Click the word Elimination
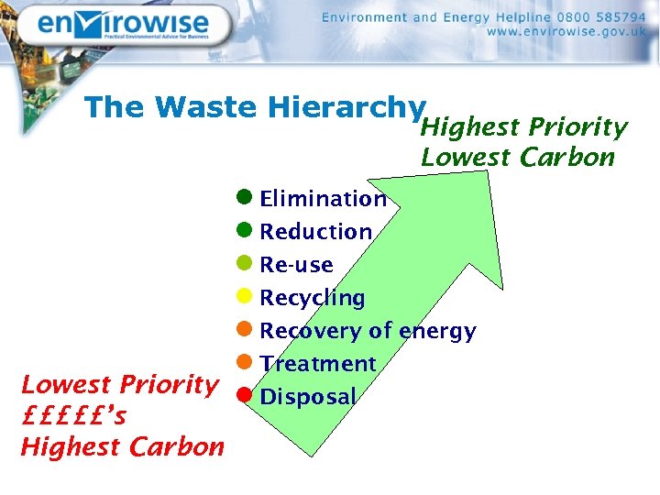click(x=323, y=199)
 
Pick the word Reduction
click(x=315, y=232)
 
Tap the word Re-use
click(x=296, y=265)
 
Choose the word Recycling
click(x=312, y=298)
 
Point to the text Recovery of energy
click(x=368, y=331)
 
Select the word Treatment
click(x=317, y=364)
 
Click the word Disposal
click(x=307, y=397)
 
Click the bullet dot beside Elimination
click(x=244, y=197)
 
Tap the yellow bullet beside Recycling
click(x=244, y=296)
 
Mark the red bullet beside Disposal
click(x=244, y=395)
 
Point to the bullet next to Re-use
click(x=244, y=263)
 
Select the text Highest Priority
click(x=523, y=126)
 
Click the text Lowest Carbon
click(x=517, y=158)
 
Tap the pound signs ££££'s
click(x=73, y=416)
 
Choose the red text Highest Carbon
click(x=122, y=447)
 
